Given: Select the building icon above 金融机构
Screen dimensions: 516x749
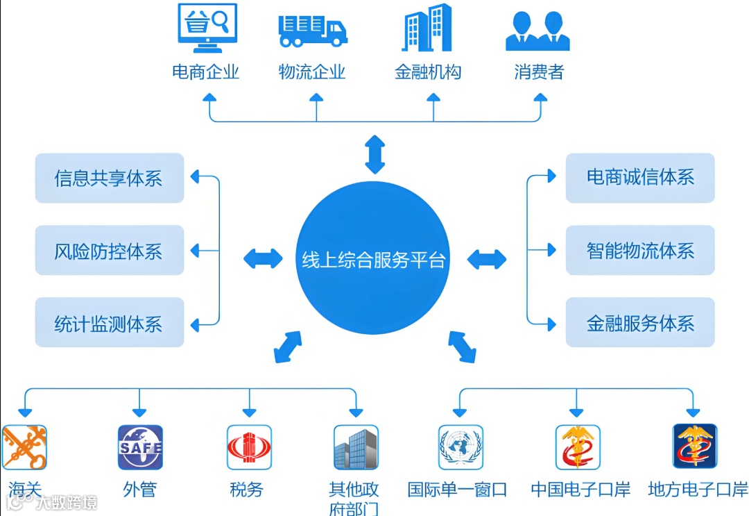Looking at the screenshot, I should click(x=427, y=28).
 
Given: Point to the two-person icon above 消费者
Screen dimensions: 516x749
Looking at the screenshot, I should click(x=537, y=31).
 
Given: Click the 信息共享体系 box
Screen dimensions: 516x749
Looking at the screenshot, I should click(x=110, y=178).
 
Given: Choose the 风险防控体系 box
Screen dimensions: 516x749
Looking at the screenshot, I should click(x=110, y=251).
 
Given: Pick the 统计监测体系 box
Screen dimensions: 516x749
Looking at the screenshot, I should click(x=110, y=323).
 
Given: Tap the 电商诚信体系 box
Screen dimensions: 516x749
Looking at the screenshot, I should click(x=640, y=178).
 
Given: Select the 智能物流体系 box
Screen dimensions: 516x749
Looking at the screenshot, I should click(x=640, y=251).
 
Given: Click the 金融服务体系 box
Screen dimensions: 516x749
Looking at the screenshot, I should click(x=640, y=323).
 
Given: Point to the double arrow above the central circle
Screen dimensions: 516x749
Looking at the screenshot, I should click(x=375, y=154).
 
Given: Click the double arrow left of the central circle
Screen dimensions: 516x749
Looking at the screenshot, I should click(x=263, y=258).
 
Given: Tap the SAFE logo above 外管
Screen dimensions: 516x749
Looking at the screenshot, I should click(x=140, y=447).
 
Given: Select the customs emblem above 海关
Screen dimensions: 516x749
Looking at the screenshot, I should click(x=24, y=447).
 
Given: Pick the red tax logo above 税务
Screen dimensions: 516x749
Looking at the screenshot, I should click(x=249, y=447).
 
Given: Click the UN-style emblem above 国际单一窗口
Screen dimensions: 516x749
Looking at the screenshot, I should click(x=460, y=447).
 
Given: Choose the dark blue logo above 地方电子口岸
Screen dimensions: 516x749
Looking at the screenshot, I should click(x=695, y=447).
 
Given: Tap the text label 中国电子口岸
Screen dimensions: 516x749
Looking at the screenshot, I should click(x=580, y=490).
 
